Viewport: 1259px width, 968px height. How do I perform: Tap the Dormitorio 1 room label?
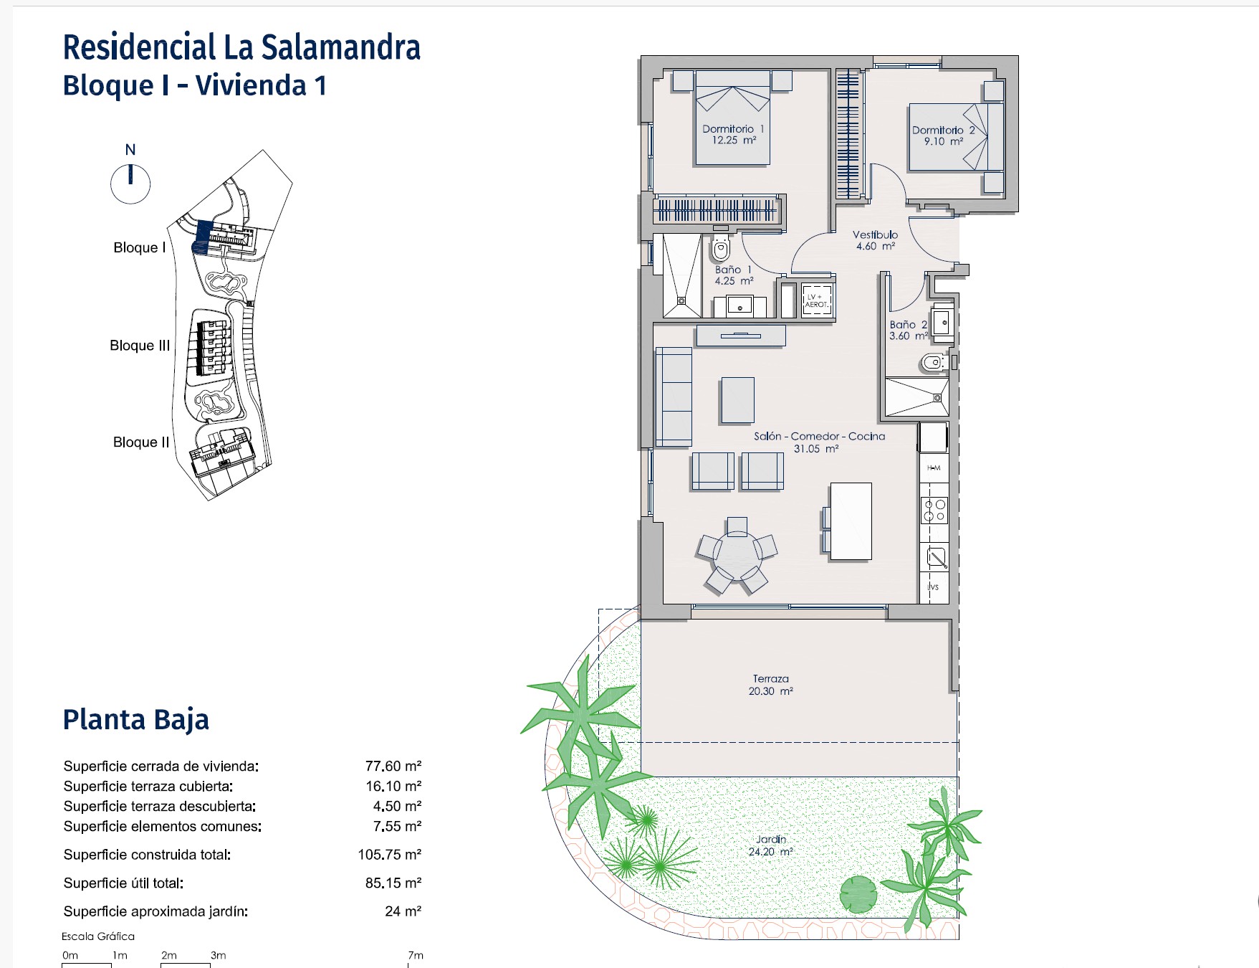[733, 135]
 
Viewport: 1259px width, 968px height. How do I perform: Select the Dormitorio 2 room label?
[943, 136]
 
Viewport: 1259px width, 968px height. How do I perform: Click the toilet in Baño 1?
[720, 248]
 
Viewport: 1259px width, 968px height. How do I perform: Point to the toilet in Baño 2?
[933, 364]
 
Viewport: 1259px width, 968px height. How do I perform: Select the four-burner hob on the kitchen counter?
[934, 510]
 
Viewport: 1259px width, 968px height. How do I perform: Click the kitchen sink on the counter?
[935, 557]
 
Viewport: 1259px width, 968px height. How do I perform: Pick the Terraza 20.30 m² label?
[771, 685]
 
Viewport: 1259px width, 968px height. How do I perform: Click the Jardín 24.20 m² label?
[771, 845]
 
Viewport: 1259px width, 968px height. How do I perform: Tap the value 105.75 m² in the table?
[390, 855]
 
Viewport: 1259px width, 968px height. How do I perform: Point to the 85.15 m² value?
[393, 883]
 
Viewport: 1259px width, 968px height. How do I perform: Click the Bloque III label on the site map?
[140, 346]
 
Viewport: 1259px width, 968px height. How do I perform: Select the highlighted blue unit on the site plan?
[202, 237]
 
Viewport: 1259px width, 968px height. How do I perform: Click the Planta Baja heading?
[136, 720]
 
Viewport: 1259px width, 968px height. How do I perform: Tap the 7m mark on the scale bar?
[416, 955]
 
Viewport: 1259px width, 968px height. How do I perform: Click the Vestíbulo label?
[875, 240]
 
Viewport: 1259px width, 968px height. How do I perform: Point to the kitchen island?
[851, 521]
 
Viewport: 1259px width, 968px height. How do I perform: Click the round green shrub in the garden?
[858, 895]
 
